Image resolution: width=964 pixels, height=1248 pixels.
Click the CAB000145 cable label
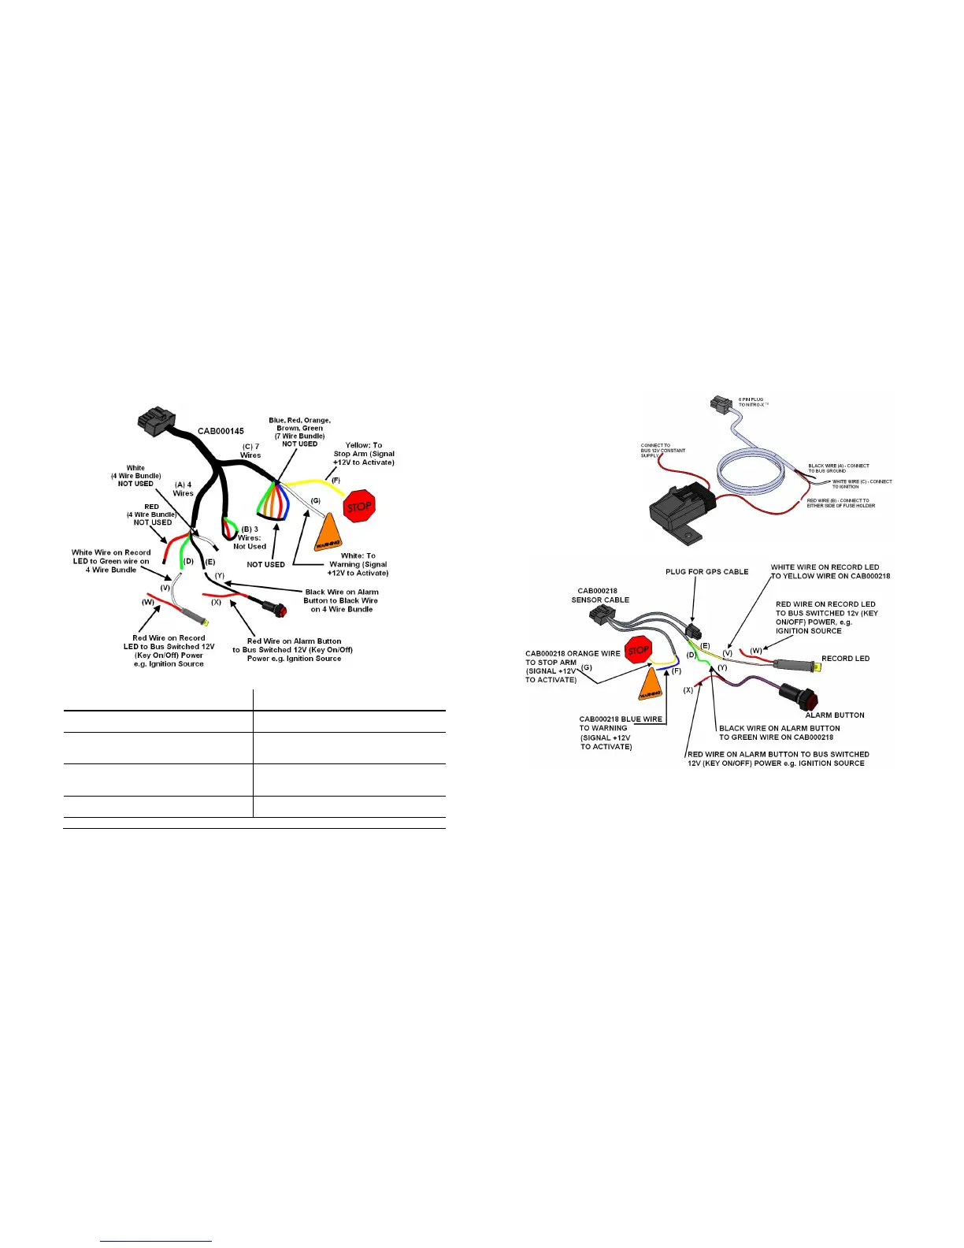coord(221,431)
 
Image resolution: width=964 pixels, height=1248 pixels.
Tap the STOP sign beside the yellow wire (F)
coord(359,507)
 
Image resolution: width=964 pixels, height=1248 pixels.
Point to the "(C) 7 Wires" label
coord(250,451)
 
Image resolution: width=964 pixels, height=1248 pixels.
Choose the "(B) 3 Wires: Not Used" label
coord(250,537)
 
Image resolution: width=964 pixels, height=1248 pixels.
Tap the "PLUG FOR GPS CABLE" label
coord(706,571)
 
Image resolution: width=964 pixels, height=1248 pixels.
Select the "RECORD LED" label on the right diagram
coord(845,659)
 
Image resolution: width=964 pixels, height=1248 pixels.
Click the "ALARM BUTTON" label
coord(835,715)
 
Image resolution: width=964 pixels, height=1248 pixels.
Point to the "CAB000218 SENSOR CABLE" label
coord(600,595)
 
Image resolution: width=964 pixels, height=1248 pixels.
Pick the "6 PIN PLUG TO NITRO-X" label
coord(751,402)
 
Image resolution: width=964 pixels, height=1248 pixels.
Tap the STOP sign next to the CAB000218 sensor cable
coord(638,651)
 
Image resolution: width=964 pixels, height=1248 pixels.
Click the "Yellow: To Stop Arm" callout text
coord(363,454)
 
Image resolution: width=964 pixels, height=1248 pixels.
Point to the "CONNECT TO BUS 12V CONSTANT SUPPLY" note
coord(662,450)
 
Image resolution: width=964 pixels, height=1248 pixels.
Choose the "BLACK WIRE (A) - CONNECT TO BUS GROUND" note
coord(838,468)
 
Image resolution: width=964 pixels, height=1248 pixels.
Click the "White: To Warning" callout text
coord(358,564)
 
